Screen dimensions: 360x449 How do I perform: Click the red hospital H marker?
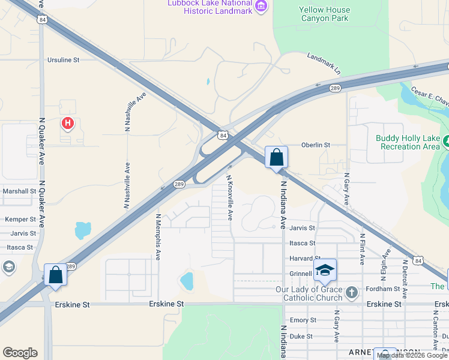click(68, 124)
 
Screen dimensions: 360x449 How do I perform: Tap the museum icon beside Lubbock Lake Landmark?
click(261, 6)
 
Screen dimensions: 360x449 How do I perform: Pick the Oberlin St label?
click(316, 145)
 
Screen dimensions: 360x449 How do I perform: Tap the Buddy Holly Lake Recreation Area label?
click(408, 142)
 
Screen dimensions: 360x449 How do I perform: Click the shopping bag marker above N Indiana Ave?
click(276, 158)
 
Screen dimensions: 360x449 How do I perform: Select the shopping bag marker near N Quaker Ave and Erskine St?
click(56, 275)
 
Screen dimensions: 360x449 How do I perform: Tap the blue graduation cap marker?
click(325, 270)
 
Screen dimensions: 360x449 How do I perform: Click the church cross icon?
click(352, 293)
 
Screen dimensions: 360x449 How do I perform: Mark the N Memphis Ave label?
click(158, 236)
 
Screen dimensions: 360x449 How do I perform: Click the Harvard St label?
click(302, 259)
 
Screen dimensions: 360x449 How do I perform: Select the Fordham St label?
click(385, 289)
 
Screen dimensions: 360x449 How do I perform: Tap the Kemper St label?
click(20, 220)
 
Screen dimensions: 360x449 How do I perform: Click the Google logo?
click(20, 353)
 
